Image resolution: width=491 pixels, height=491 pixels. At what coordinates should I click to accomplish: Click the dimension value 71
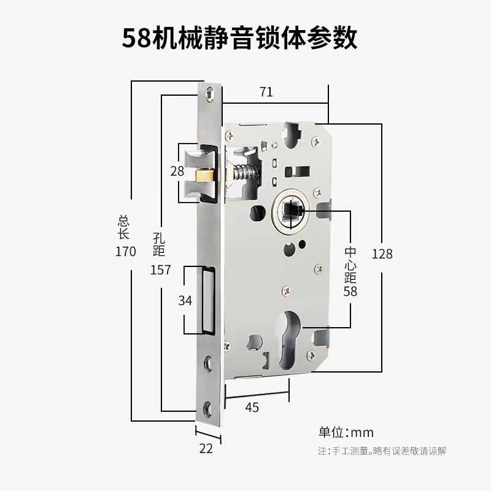pyautogui.click(x=266, y=92)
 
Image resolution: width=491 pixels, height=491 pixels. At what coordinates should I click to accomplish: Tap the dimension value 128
pyautogui.click(x=382, y=253)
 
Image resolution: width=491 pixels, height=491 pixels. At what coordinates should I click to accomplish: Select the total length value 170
pyautogui.click(x=125, y=251)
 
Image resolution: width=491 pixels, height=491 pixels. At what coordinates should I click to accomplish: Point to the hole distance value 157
pyautogui.click(x=160, y=270)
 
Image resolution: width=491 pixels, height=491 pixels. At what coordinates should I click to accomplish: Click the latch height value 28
pyautogui.click(x=177, y=171)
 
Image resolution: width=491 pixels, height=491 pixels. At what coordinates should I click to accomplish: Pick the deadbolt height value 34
pyautogui.click(x=185, y=301)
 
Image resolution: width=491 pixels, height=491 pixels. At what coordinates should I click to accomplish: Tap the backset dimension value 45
pyautogui.click(x=252, y=408)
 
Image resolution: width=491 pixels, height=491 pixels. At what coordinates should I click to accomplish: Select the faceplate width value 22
pyautogui.click(x=206, y=449)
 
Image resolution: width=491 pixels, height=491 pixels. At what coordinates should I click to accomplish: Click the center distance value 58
pyautogui.click(x=350, y=292)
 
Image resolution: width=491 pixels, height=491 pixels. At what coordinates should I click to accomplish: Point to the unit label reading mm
pyautogui.click(x=363, y=432)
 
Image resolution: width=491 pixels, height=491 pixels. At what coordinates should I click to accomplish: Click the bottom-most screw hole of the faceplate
pyautogui.click(x=210, y=406)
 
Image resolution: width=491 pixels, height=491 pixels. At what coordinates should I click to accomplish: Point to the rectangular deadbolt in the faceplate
pyautogui.click(x=207, y=300)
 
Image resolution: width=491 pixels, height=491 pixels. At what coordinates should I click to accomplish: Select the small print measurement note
pyautogui.click(x=382, y=451)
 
